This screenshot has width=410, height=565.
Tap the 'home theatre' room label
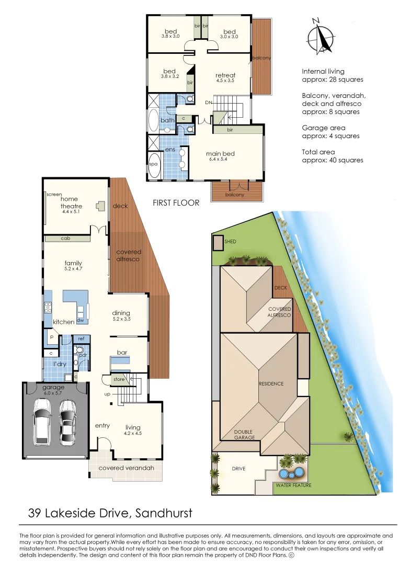click(x=69, y=202)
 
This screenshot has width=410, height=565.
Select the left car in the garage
click(x=42, y=420)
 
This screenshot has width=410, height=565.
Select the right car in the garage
click(x=68, y=420)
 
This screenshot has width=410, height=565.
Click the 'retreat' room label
click(x=225, y=75)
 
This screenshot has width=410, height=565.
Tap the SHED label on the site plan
click(x=230, y=242)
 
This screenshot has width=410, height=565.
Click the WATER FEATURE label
click(x=293, y=485)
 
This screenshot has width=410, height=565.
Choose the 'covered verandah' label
click(x=126, y=468)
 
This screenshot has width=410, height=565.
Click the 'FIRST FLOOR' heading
click(x=176, y=203)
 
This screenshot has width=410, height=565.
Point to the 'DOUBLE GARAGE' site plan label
click(x=244, y=435)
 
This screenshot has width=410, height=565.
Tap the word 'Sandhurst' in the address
click(x=164, y=513)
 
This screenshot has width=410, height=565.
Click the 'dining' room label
click(x=121, y=313)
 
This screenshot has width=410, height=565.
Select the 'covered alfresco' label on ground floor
click(x=129, y=255)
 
